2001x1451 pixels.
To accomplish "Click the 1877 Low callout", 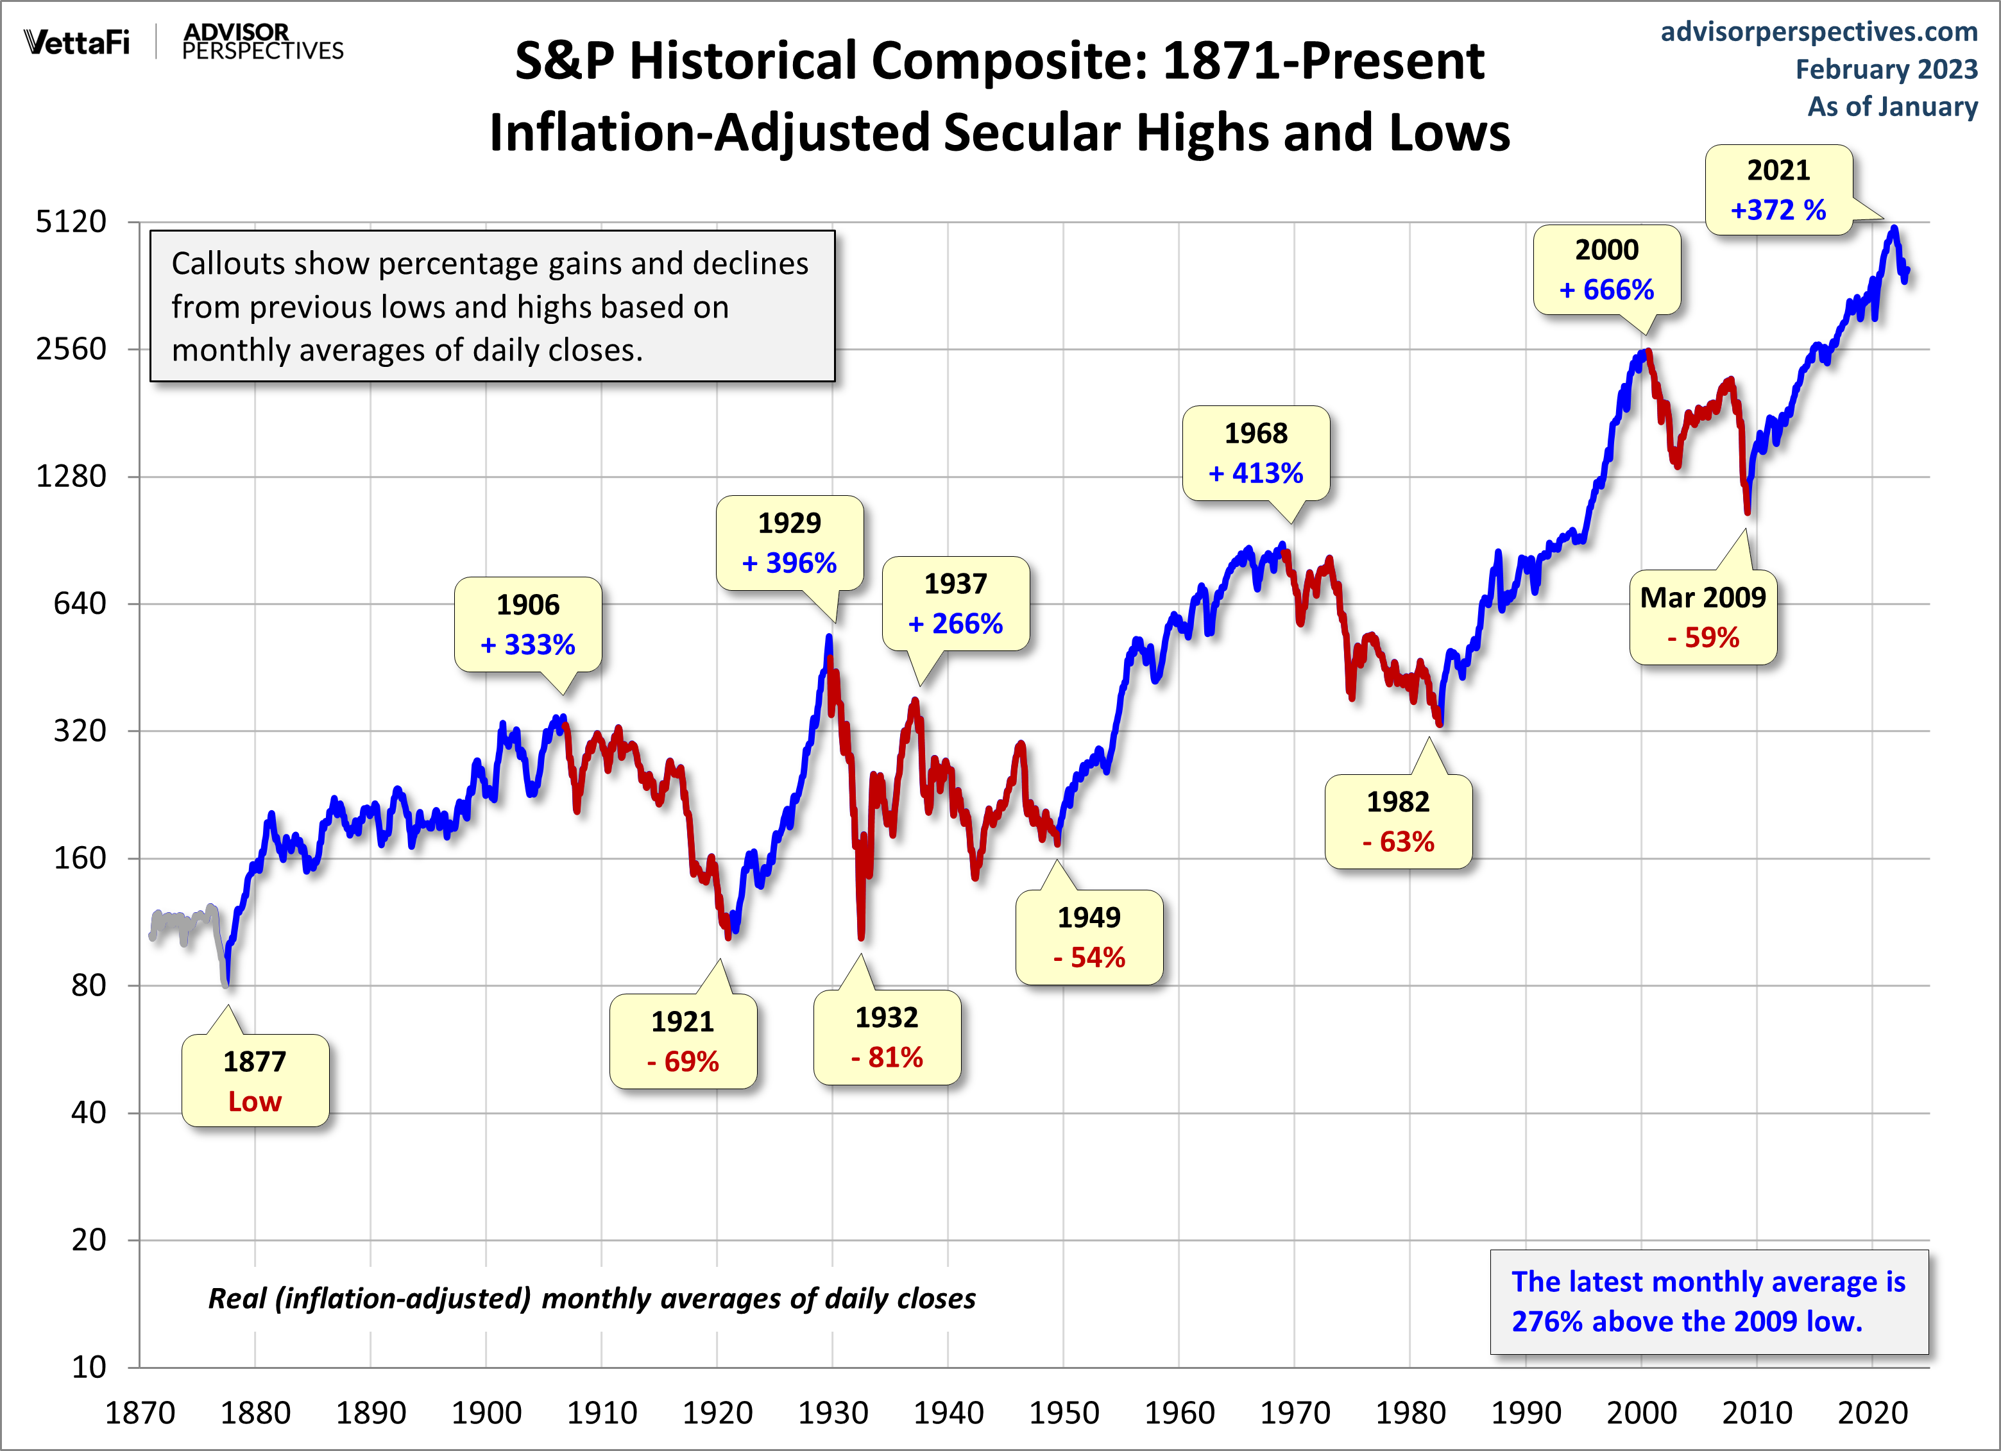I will point(255,1080).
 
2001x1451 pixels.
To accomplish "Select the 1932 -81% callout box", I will point(887,1037).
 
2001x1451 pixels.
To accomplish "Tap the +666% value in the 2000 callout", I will point(1606,290).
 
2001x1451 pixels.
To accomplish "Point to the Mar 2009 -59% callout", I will point(1702,618).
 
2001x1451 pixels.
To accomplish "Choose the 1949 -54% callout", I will point(1089,937).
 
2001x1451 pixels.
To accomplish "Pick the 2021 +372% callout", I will point(1778,190).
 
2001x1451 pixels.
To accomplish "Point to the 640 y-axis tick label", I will point(80,604).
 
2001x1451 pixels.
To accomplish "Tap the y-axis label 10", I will point(89,1367).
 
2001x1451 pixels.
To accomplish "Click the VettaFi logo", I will point(77,42).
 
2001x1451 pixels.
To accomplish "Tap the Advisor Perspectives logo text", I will point(262,42).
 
